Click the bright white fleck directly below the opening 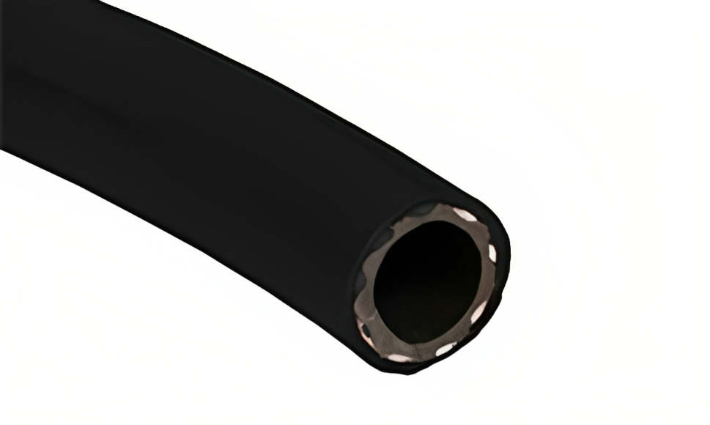(445, 348)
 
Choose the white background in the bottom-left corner (22, 403)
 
